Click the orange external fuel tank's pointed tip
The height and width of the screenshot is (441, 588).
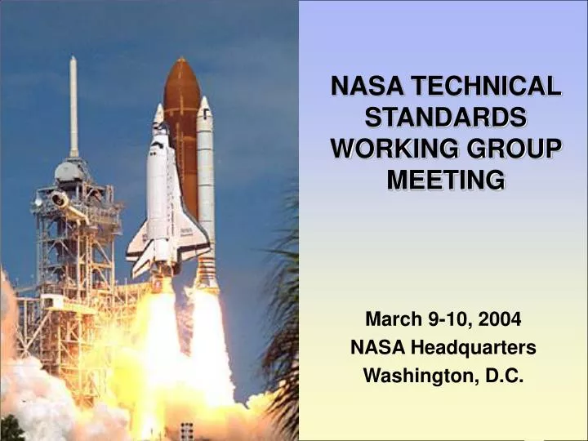click(181, 62)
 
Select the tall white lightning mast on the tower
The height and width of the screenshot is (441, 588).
click(73, 106)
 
